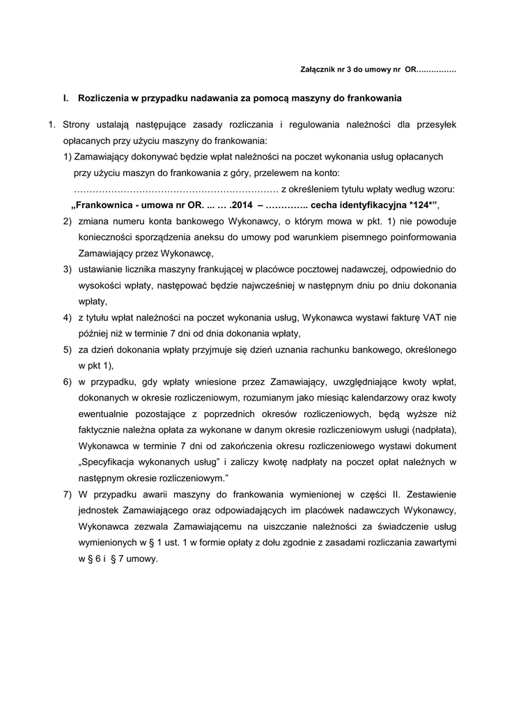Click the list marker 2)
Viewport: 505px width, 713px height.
(68, 221)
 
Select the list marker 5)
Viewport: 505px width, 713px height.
(68, 350)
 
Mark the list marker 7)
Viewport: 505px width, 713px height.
(68, 495)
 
